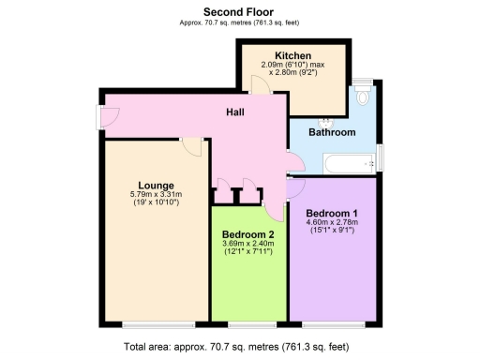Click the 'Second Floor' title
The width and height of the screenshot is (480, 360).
(x=239, y=11)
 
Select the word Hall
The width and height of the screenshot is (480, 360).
(x=236, y=112)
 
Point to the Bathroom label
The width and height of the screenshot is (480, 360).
(x=333, y=133)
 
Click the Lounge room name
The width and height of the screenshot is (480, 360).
(x=155, y=185)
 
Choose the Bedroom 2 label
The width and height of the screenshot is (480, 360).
(x=248, y=234)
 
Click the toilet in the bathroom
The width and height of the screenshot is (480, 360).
(x=364, y=97)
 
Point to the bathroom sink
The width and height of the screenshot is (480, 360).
(x=328, y=121)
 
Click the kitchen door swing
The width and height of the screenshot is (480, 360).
(x=260, y=83)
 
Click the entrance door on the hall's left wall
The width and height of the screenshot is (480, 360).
(x=110, y=116)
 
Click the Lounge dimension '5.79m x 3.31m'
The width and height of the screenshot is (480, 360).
(x=155, y=195)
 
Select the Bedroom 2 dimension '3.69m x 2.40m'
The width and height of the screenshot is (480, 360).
(x=248, y=245)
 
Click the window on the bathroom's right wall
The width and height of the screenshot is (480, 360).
(x=381, y=157)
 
